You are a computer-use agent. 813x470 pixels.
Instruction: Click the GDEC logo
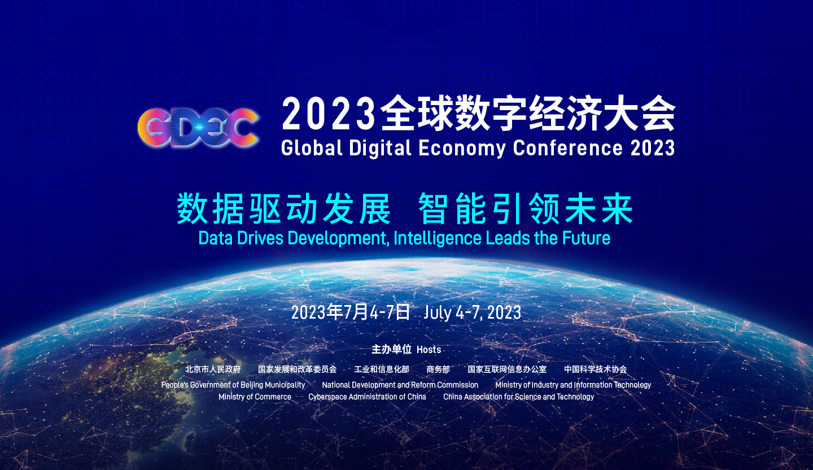(198, 127)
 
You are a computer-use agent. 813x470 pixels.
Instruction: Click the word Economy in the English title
(462, 148)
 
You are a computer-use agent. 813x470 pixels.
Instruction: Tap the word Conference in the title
(567, 147)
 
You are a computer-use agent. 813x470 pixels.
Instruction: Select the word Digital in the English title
(380, 148)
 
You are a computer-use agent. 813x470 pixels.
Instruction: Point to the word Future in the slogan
(586, 238)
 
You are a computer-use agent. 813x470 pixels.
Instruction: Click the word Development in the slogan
(336, 239)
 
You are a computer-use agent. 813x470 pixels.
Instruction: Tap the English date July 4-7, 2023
(472, 312)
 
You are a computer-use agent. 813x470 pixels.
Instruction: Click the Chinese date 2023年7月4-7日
(350, 312)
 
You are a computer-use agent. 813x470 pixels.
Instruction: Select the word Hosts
(429, 350)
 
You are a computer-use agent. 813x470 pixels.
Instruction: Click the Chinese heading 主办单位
(391, 350)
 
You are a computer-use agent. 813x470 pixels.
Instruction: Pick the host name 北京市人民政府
(213, 369)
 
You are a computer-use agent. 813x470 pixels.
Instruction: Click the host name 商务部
(438, 369)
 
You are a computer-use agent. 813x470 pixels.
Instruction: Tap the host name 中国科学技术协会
(595, 369)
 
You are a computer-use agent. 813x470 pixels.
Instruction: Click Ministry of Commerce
(255, 397)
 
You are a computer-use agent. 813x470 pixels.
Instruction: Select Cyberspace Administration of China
(367, 397)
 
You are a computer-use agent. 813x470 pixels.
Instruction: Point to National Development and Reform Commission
(400, 385)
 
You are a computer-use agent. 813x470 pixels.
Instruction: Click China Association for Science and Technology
(518, 397)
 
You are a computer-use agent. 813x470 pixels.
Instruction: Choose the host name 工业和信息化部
(382, 369)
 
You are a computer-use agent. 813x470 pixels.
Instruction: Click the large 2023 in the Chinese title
(329, 115)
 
